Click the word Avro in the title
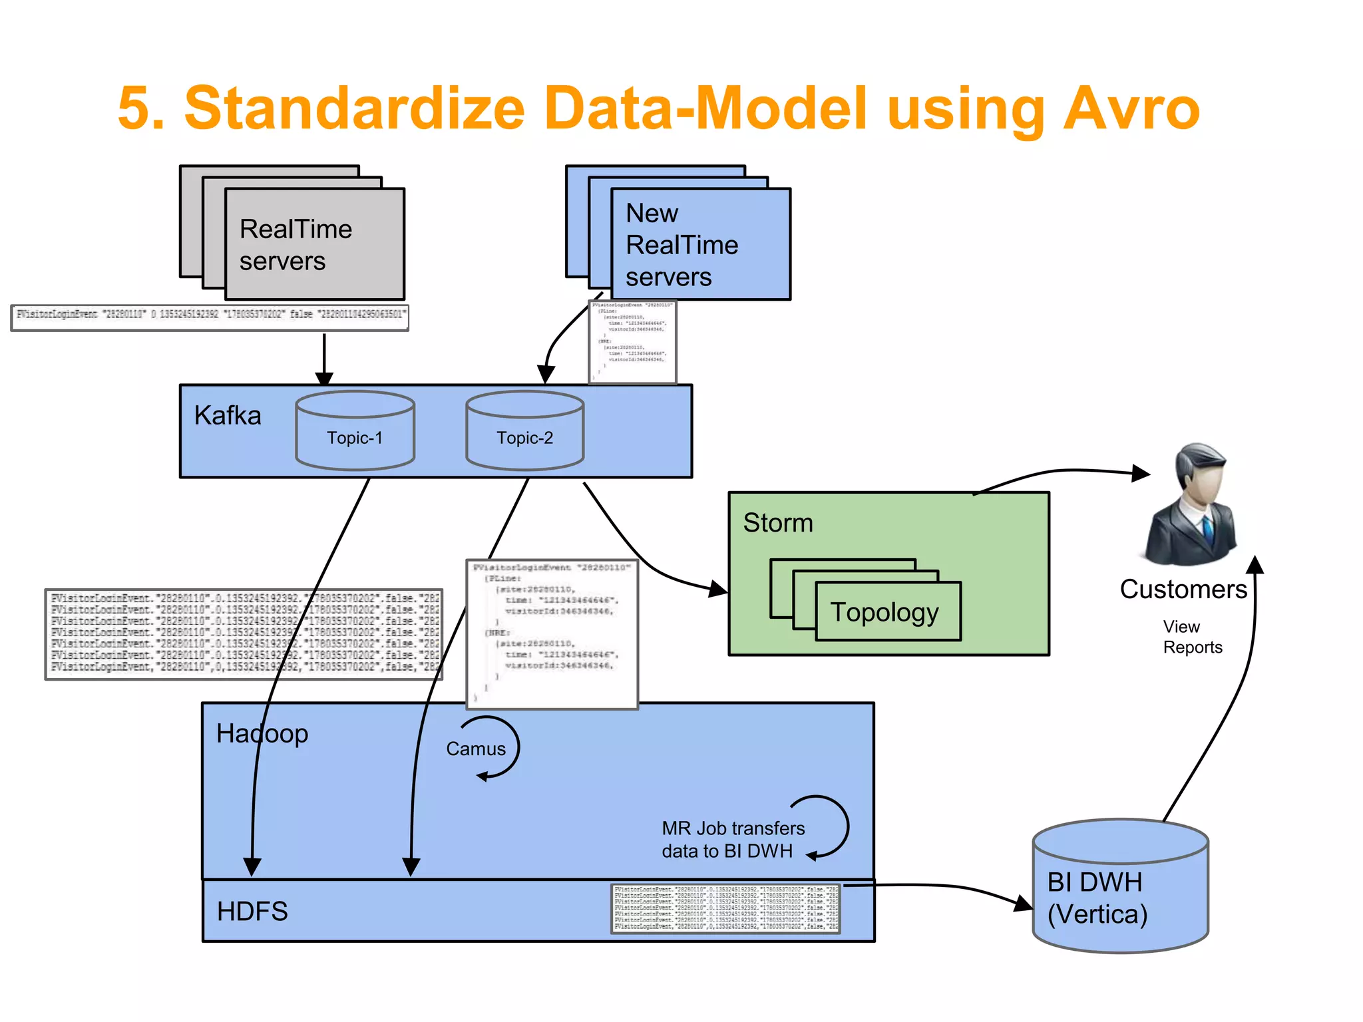pyautogui.click(x=1131, y=108)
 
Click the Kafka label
pyautogui.click(x=228, y=416)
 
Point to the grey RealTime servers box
pyautogui.click(x=314, y=244)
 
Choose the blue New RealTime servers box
pyautogui.click(x=700, y=244)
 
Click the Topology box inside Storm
pyautogui.click(x=888, y=611)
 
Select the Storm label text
pyautogui.click(x=778, y=523)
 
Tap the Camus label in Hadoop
pyautogui.click(x=476, y=749)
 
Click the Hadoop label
pyautogui.click(x=262, y=734)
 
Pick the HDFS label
pyautogui.click(x=252, y=912)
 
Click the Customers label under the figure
pyautogui.click(x=1183, y=590)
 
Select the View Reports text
pyautogui.click(x=1192, y=637)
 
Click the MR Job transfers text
pyautogui.click(x=733, y=829)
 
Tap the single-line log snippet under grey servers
pyautogui.click(x=210, y=317)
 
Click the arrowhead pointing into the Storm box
pyautogui.click(x=718, y=589)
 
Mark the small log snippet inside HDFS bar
pyautogui.click(x=725, y=908)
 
